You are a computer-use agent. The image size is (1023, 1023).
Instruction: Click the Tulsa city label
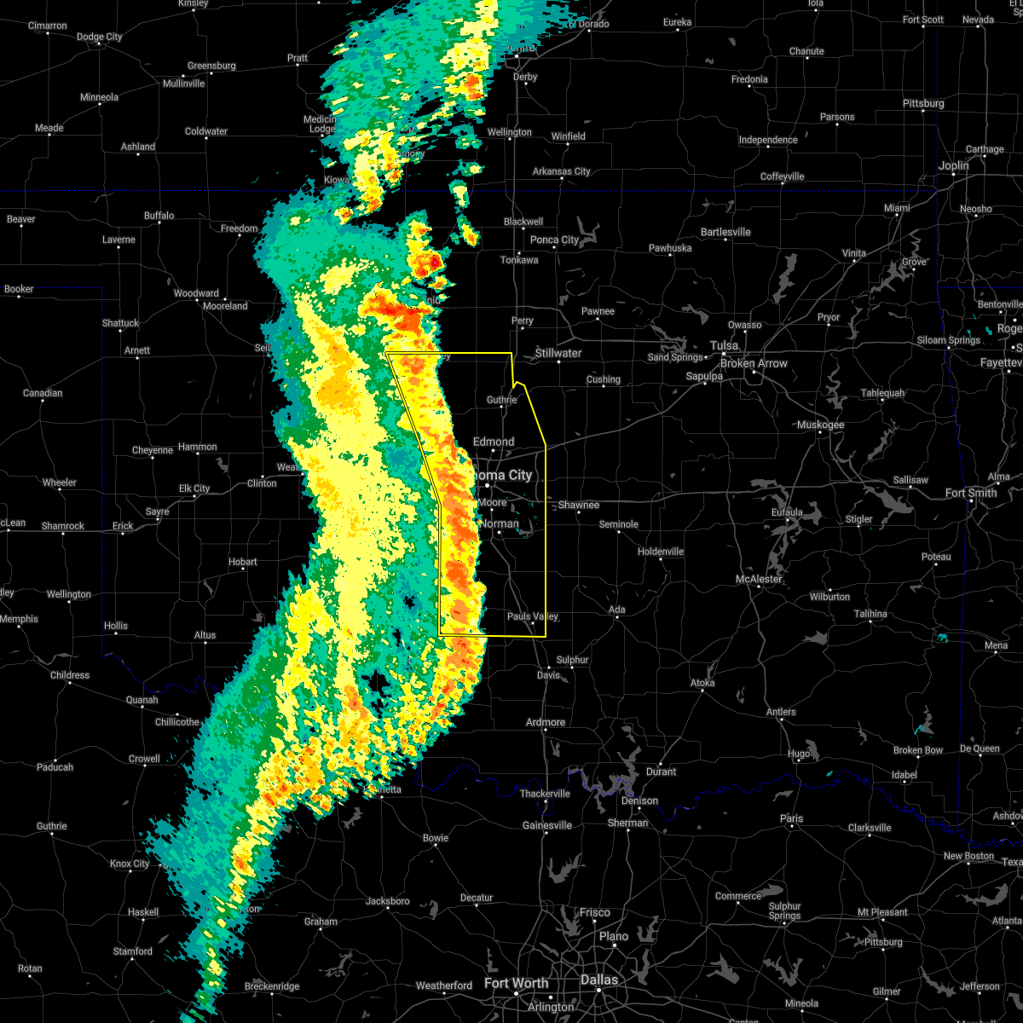(x=725, y=345)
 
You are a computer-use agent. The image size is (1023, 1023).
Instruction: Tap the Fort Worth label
(x=516, y=983)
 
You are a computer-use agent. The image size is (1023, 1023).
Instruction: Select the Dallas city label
(x=599, y=980)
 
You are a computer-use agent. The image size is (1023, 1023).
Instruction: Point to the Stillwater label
(x=558, y=353)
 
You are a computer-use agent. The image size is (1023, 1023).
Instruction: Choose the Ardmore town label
(x=546, y=722)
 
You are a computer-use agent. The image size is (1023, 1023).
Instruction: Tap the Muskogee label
(x=820, y=425)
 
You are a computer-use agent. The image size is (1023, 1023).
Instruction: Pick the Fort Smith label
(x=971, y=493)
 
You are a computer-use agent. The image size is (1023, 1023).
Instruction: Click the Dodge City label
(x=100, y=37)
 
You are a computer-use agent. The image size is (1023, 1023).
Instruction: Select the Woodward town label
(x=196, y=293)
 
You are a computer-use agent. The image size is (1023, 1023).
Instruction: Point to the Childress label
(x=70, y=675)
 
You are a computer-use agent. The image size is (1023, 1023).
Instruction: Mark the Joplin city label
(x=954, y=165)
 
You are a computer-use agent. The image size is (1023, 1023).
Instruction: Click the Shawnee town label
(x=579, y=506)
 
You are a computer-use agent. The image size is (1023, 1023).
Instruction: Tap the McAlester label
(x=759, y=580)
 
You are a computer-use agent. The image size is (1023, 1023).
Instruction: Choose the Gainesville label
(x=547, y=825)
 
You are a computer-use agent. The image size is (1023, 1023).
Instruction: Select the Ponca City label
(x=554, y=240)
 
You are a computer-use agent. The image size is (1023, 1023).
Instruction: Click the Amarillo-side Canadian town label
(x=43, y=393)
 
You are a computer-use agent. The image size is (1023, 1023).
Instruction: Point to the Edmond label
(x=494, y=442)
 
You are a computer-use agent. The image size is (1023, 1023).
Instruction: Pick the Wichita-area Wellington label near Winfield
(x=509, y=132)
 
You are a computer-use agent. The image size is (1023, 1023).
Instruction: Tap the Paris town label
(x=791, y=818)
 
